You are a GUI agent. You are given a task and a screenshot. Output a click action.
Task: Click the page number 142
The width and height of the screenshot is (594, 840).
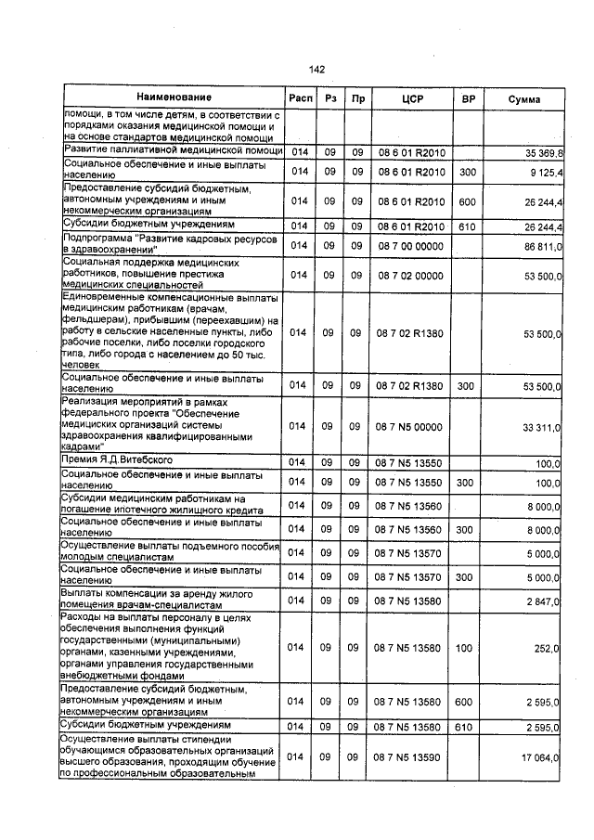click(x=316, y=69)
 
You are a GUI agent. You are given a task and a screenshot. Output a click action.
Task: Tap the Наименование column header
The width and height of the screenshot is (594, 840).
click(x=174, y=97)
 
